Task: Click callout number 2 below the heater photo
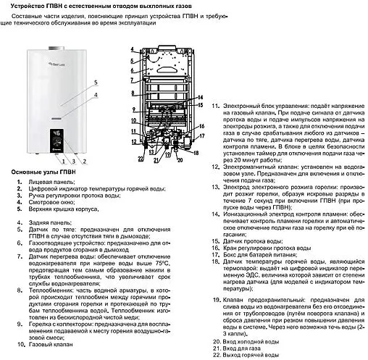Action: (84, 160)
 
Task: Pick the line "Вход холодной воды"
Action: (252, 340)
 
